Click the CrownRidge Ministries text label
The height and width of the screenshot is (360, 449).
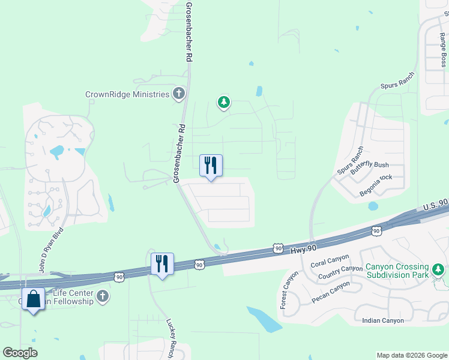click(x=127, y=94)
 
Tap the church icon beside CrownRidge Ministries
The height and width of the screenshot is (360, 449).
click(x=178, y=94)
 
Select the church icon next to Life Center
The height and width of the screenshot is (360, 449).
click(x=103, y=296)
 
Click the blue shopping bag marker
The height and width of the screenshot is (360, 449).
click(x=33, y=298)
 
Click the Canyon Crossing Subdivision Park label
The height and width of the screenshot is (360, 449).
click(x=397, y=271)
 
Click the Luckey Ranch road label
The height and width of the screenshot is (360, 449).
click(x=171, y=336)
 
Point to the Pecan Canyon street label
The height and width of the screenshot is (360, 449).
click(x=330, y=291)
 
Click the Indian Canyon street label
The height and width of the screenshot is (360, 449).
click(x=382, y=320)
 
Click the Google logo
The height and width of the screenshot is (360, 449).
click(x=20, y=353)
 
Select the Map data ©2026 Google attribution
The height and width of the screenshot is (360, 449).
click(x=412, y=355)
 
